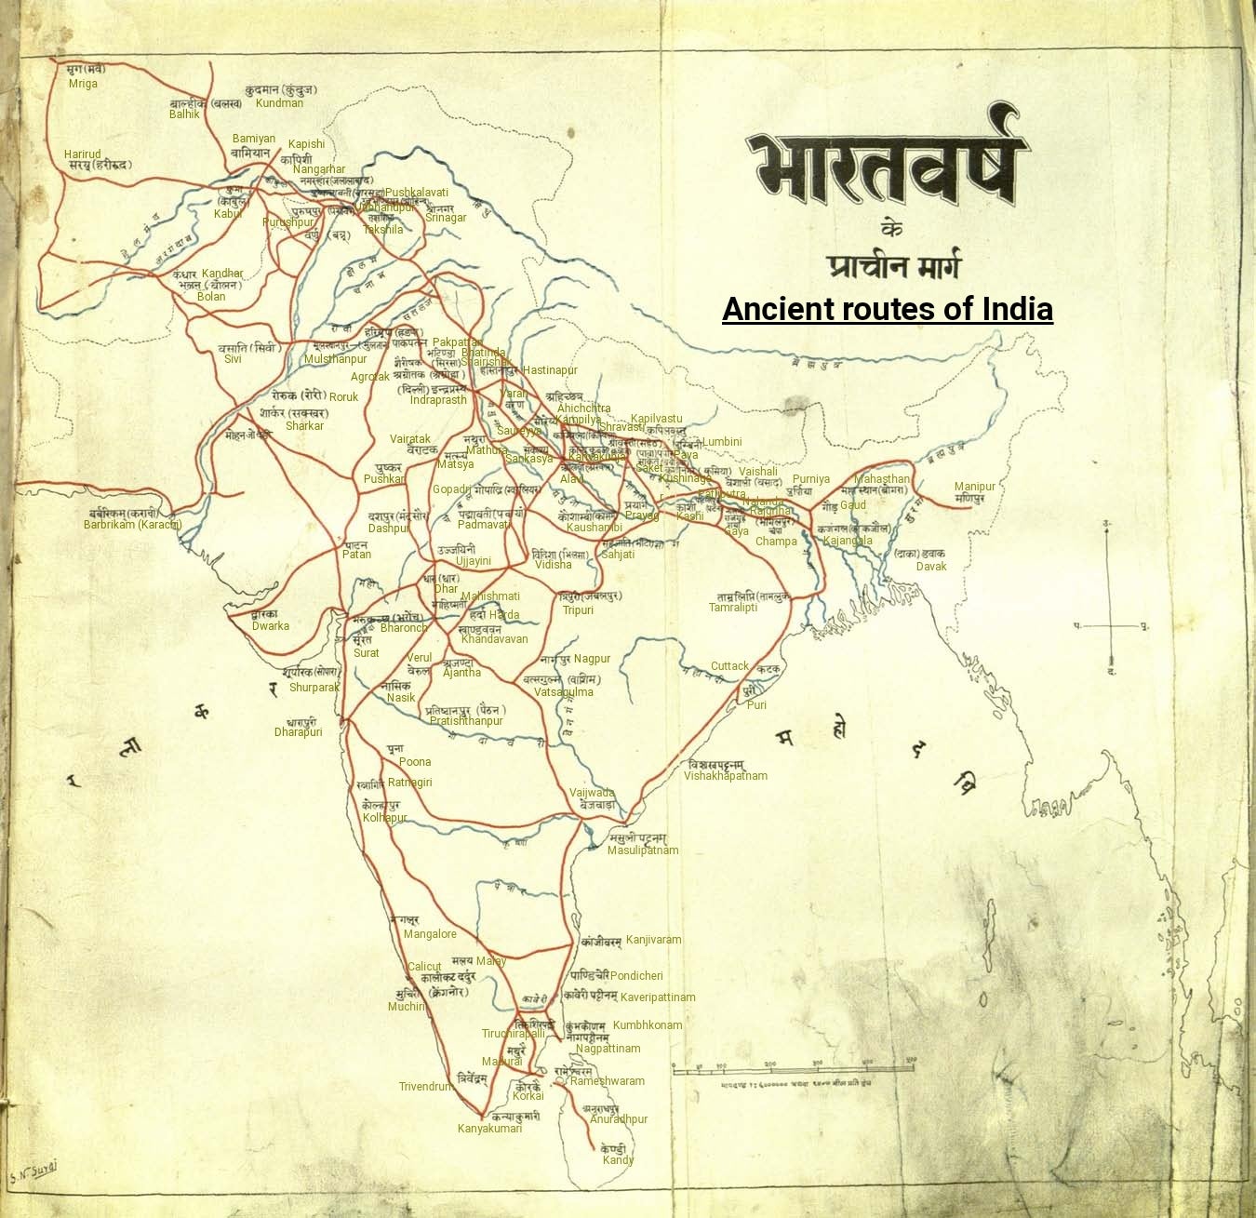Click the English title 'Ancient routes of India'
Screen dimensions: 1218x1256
[x=887, y=309]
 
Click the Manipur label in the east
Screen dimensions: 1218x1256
[x=974, y=487]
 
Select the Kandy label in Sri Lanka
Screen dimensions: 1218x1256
[x=618, y=1160]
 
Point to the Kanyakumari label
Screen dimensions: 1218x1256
[x=489, y=1129]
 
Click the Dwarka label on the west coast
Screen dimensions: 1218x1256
[x=271, y=626]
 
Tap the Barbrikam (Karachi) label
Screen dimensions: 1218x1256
[x=132, y=525]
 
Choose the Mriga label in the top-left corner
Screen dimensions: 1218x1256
[x=83, y=84]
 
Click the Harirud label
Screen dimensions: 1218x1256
[x=82, y=154]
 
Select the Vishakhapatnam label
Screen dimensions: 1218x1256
[x=726, y=776]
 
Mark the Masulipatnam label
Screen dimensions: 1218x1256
[x=643, y=850]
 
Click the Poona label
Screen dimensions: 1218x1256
[x=415, y=762]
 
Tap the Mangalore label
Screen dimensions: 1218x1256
[x=430, y=934]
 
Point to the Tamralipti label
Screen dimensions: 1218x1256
[x=733, y=608]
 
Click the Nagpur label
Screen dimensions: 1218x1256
[x=592, y=659]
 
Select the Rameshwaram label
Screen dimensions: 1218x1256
[x=607, y=1081]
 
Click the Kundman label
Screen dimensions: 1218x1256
[x=279, y=103]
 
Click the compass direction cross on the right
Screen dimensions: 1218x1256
[x=1109, y=625]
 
